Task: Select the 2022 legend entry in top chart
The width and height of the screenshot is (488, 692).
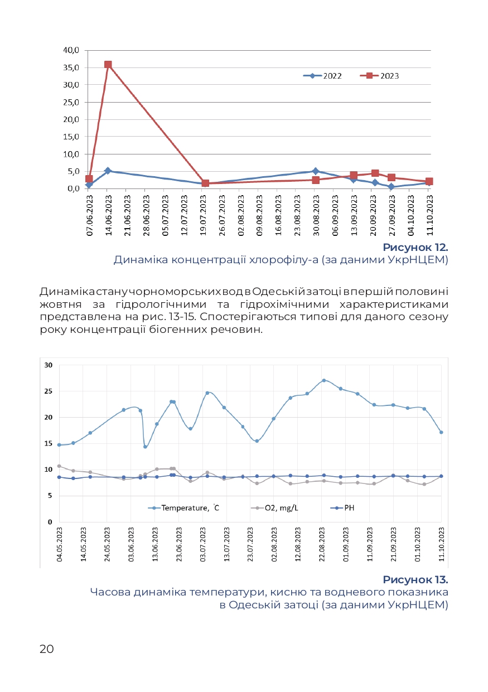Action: click(323, 76)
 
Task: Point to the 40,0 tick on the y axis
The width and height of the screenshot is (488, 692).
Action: click(71, 50)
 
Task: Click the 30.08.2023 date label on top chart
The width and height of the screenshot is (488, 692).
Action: click(315, 214)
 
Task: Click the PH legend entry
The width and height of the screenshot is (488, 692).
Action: click(345, 508)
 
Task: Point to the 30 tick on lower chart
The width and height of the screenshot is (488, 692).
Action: click(49, 365)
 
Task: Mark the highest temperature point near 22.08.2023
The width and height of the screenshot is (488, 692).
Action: click(323, 380)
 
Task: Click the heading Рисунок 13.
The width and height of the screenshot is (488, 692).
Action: click(415, 579)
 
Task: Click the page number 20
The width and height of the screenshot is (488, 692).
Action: click(47, 649)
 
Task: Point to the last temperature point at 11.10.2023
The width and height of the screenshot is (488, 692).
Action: click(441, 432)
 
